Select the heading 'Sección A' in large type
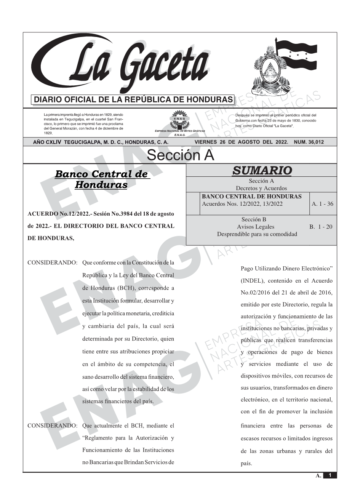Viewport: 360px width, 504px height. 180,155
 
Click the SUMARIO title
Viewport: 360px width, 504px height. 262,170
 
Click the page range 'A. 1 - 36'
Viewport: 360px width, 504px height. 322,204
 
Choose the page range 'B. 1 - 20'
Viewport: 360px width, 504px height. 321,227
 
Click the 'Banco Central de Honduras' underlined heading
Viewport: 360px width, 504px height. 101,179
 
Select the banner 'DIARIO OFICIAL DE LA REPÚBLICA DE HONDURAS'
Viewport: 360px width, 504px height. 133,100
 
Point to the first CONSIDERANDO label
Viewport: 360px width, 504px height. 53,263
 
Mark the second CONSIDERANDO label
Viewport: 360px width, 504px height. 53,426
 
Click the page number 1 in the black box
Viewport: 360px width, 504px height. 330,475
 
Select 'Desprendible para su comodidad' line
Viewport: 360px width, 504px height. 257,234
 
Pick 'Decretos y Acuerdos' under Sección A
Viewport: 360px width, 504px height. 261,188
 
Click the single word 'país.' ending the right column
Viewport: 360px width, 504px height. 246,464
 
